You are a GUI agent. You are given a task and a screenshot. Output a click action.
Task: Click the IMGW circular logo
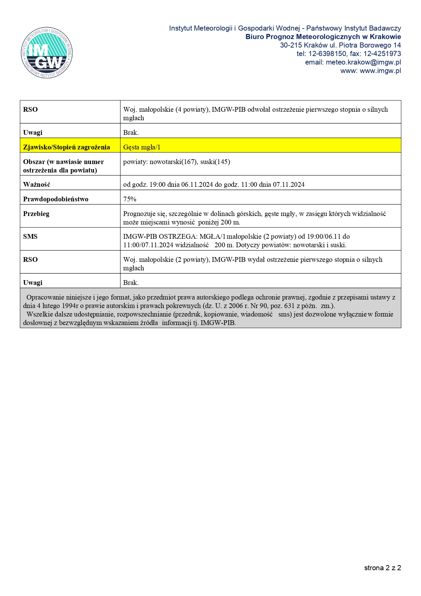[47, 53]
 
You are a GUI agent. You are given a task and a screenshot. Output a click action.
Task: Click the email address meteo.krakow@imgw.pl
[363, 62]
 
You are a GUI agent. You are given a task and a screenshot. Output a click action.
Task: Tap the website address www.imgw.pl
[380, 71]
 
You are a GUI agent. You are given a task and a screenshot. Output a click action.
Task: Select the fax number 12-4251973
[382, 54]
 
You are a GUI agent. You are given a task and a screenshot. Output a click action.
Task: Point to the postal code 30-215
[291, 45]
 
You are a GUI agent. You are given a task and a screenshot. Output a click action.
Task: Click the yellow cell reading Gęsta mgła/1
[142, 147]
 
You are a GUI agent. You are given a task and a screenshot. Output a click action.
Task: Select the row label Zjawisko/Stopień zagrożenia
[67, 147]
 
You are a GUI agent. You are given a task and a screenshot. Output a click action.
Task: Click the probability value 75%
[130, 199]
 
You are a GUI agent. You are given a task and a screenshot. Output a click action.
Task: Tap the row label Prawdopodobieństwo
[56, 199]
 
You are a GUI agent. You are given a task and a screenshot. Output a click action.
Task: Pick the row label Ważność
[37, 184]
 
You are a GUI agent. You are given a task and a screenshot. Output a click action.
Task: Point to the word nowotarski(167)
[173, 162]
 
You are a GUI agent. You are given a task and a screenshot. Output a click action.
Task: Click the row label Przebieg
[36, 214]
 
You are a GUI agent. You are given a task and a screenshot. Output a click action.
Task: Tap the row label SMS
[30, 236]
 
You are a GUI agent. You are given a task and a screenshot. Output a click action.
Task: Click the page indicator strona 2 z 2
[383, 568]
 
